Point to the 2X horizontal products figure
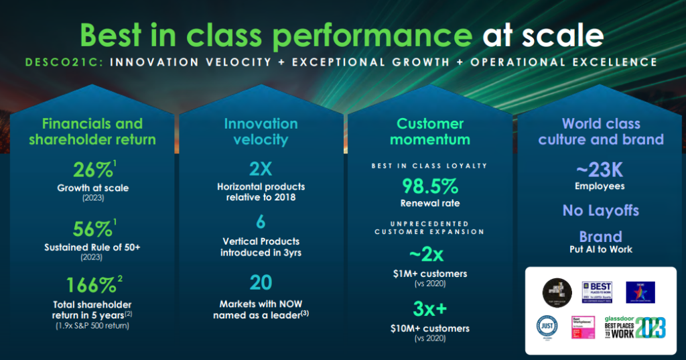tap(261, 167)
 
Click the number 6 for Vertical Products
tap(261, 222)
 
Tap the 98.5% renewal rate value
tap(429, 186)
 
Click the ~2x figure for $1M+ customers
tap(429, 255)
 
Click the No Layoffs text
tap(601, 211)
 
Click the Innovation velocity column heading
tap(261, 131)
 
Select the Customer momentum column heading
tap(429, 131)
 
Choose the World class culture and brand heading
tap(601, 131)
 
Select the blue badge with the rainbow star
tap(640, 292)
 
